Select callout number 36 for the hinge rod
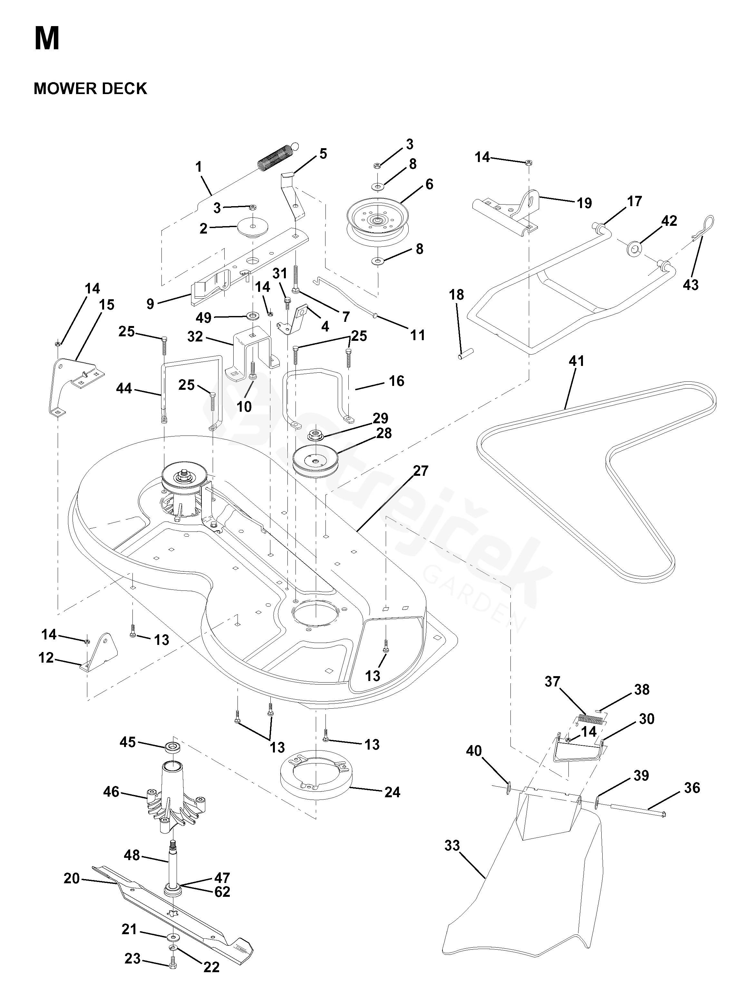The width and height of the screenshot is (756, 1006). coord(692,788)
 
